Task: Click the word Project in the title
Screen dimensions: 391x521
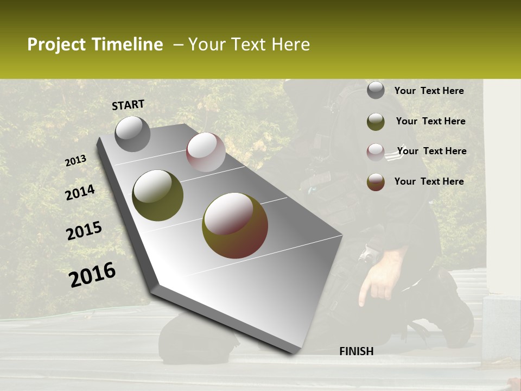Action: pos(56,45)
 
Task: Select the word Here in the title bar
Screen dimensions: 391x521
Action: pos(290,45)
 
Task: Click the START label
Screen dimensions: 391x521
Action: pos(128,105)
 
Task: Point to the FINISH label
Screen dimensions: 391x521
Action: pos(356,351)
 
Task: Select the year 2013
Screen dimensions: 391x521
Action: pos(76,161)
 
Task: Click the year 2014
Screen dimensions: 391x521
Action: pos(80,193)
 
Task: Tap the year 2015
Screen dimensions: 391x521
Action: pos(84,231)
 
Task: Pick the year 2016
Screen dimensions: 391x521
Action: pos(93,275)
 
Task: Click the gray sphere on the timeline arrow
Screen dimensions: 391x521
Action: pos(132,134)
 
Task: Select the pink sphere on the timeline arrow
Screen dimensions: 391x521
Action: pos(206,152)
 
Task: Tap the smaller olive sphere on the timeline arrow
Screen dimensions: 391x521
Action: pos(157,195)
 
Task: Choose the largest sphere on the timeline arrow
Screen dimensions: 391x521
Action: pos(235,225)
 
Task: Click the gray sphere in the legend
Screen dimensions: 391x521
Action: pos(376,91)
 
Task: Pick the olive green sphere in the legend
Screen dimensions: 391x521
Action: pos(376,122)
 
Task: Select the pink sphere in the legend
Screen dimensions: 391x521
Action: pos(376,152)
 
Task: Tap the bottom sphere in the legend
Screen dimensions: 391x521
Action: pos(376,182)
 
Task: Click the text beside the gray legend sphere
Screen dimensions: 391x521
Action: pos(429,91)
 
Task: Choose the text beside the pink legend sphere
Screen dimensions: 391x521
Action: pos(431,151)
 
